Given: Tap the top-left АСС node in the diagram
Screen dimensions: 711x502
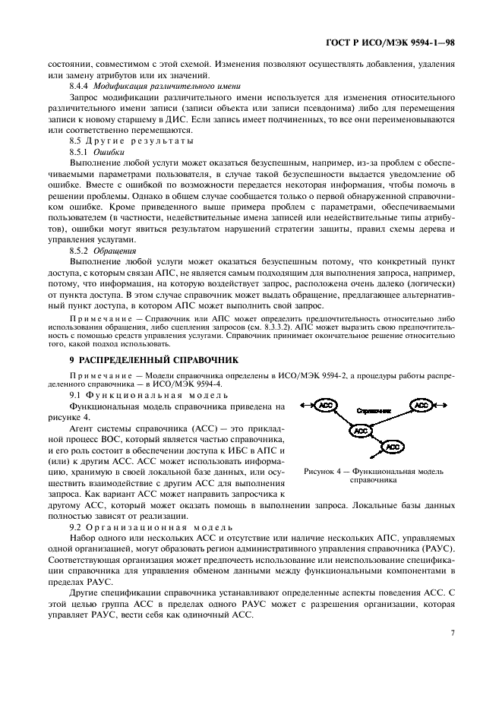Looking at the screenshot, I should pyautogui.click(x=326, y=406).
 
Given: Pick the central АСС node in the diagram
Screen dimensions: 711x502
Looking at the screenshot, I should pyautogui.click(x=361, y=431).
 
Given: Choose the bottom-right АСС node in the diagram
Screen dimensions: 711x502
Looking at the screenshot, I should pyautogui.click(x=393, y=447).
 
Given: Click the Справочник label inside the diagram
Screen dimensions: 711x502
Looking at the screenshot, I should pyautogui.click(x=374, y=410).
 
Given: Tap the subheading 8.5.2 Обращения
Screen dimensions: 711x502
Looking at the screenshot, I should pyautogui.click(x=103, y=249).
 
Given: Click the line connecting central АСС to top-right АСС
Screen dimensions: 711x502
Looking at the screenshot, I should pyautogui.click(x=391, y=418).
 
